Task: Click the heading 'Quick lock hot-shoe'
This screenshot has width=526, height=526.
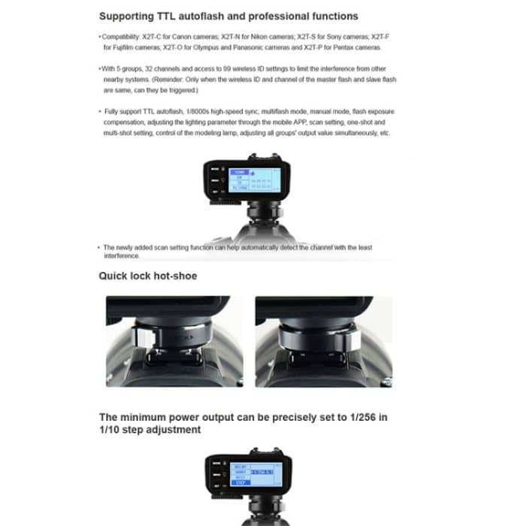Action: (x=148, y=276)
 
